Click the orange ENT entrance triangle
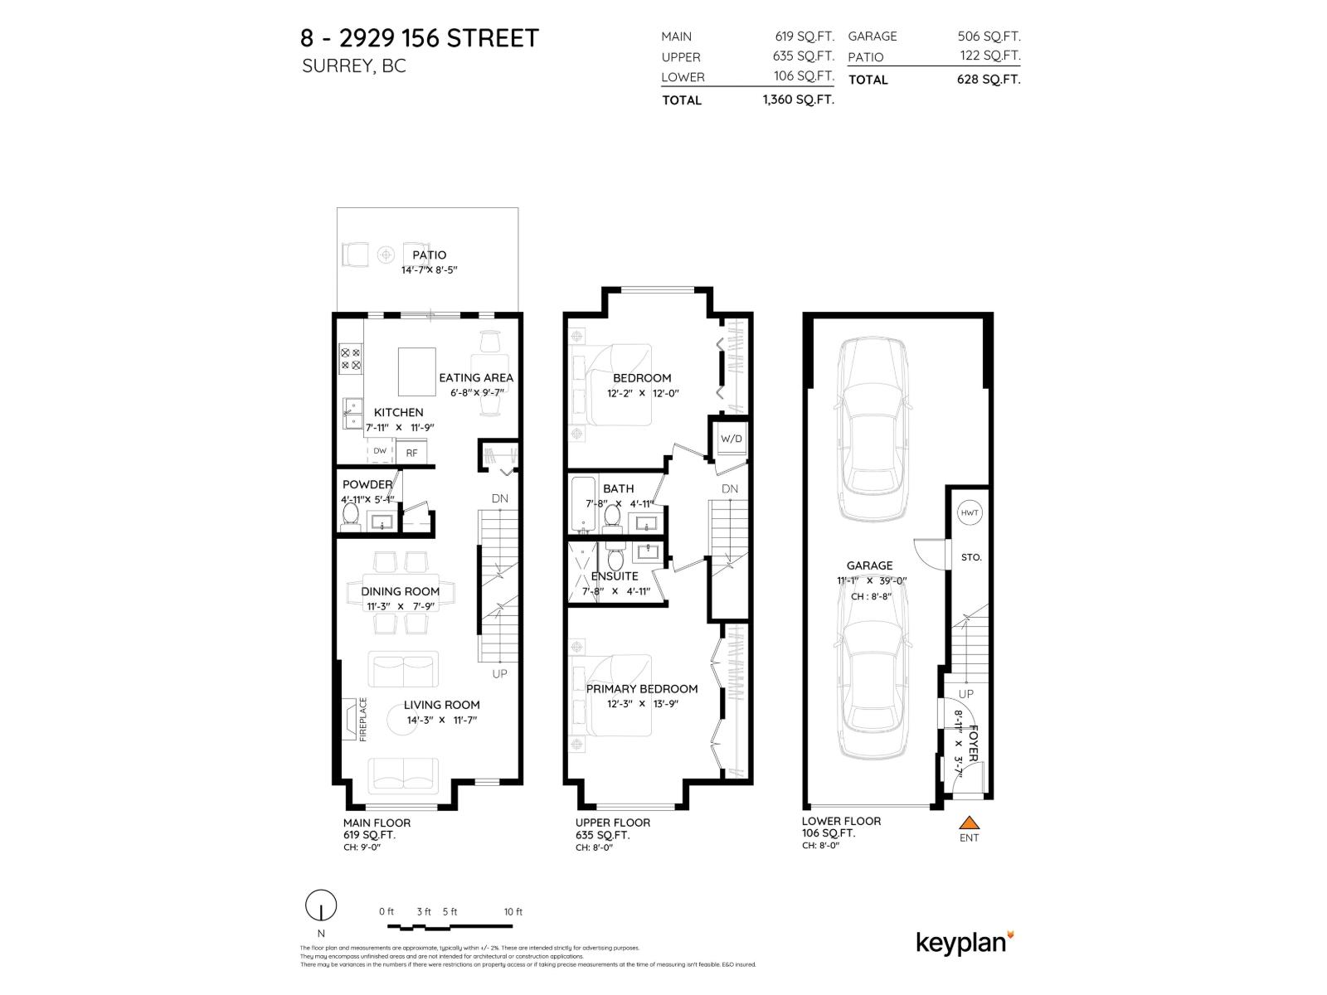tap(969, 823)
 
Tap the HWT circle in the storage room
tap(970, 513)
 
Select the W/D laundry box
tap(731, 439)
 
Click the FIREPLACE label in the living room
tap(362, 719)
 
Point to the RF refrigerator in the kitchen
tap(411, 453)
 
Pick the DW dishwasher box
tap(380, 451)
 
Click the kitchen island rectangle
tap(416, 371)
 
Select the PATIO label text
tap(429, 255)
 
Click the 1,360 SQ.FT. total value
tap(798, 99)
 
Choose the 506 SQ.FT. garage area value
tap(989, 36)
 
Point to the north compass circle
tap(321, 905)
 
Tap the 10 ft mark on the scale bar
tap(513, 912)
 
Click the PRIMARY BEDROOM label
tap(641, 688)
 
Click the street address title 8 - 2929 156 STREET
tap(419, 38)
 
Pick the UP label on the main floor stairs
tap(499, 673)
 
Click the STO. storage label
tap(970, 557)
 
